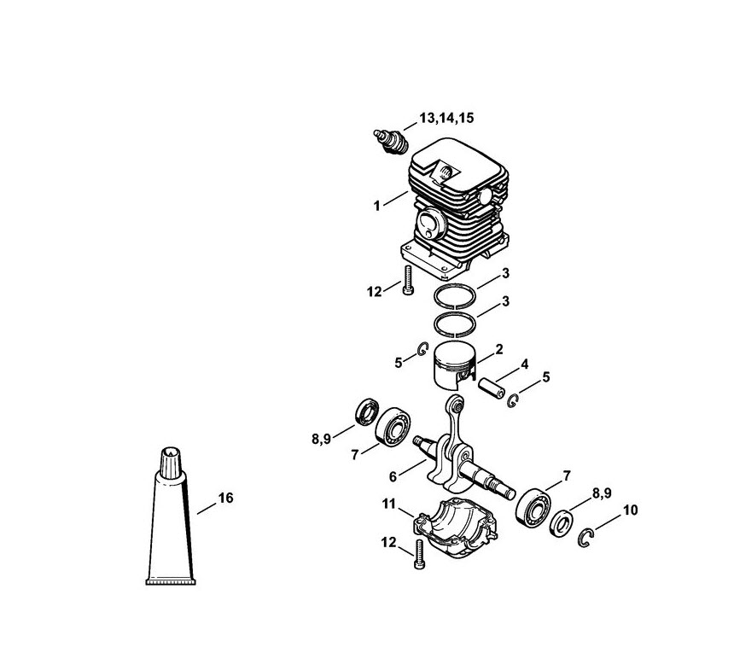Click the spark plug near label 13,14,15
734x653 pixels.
pos(391,142)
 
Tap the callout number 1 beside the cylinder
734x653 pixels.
pos(377,206)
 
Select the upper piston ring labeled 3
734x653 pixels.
pos(455,296)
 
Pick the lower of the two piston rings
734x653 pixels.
pos(455,324)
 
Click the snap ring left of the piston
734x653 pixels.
pos(423,349)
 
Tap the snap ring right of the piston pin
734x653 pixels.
pos(513,400)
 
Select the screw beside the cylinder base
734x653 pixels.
pos(408,280)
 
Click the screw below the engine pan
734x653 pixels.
pos(419,554)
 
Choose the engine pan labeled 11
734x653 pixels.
pos(455,529)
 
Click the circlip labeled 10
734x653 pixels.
pos(585,538)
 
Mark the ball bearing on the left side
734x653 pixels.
pos(393,427)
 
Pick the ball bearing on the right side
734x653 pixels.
pos(533,508)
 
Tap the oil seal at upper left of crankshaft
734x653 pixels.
pos(367,412)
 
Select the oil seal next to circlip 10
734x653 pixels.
pos(561,523)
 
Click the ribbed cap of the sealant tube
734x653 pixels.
pos(171,463)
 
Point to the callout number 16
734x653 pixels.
pos(225,498)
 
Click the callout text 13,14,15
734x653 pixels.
pos(446,118)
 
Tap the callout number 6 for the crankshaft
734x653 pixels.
pos(393,477)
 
